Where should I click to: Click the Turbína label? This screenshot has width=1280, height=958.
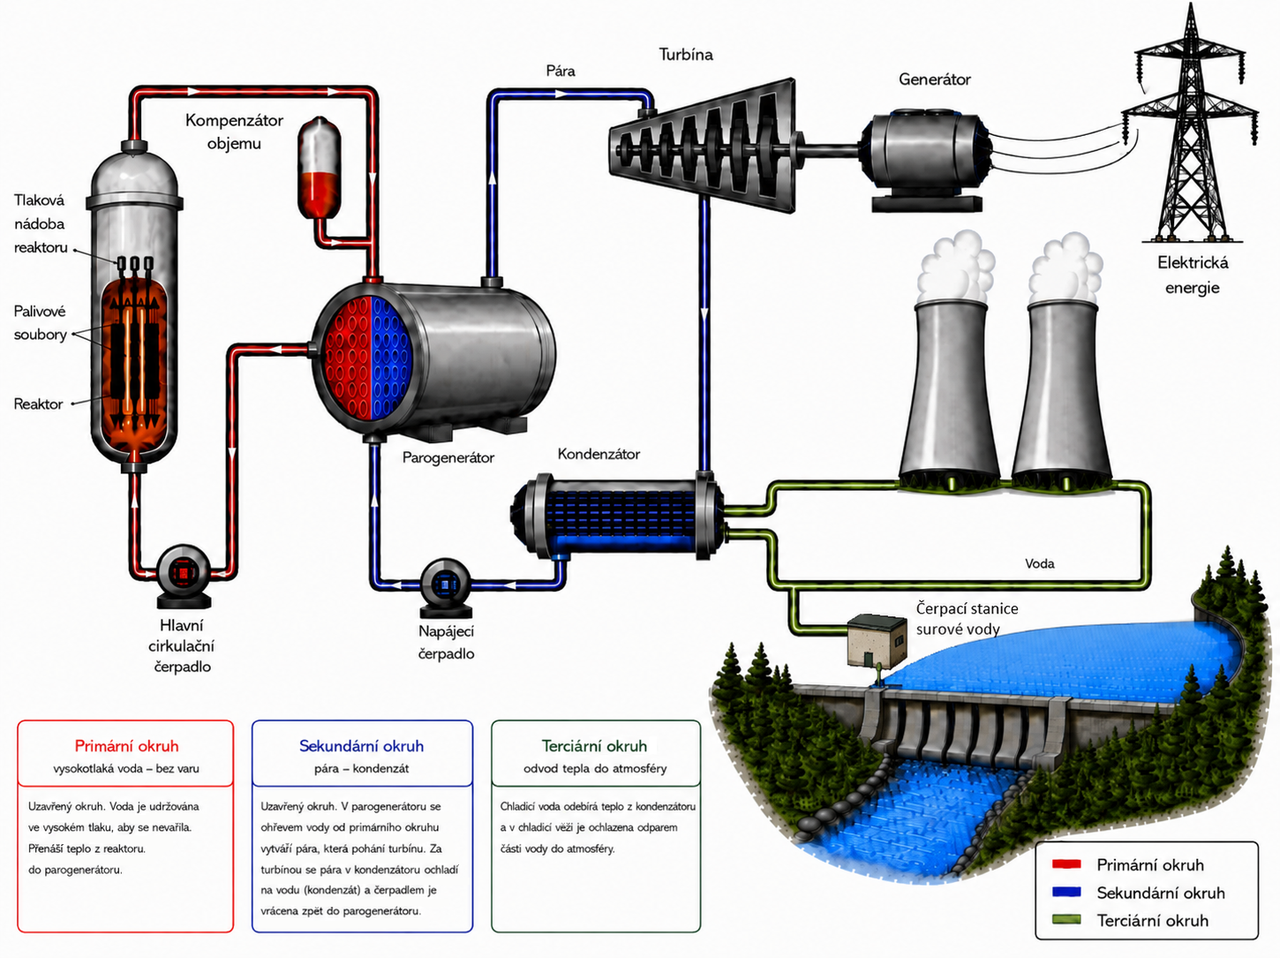pos(686,55)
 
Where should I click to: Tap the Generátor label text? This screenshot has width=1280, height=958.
pos(934,79)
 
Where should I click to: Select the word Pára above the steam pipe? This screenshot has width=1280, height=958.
pos(561,72)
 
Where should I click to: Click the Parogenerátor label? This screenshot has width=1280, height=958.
pos(448,457)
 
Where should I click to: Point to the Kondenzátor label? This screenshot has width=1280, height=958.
pos(599,454)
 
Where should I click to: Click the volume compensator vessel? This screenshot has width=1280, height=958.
pos(319,169)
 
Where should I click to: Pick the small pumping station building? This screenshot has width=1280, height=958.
pos(877,641)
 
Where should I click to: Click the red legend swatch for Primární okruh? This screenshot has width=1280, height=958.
pos(1066,864)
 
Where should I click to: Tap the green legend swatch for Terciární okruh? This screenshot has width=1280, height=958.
pos(1066,920)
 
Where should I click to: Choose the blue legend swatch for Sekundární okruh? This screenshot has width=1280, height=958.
pos(1066,892)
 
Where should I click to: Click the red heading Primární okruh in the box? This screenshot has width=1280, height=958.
pos(126,746)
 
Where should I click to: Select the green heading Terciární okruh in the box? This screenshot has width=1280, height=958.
pos(594,746)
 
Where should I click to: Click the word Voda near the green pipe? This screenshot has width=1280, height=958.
pos(1040,564)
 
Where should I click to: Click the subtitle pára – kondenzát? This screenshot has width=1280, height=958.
pos(362,769)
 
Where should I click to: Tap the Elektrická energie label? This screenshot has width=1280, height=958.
pos(1193,275)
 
